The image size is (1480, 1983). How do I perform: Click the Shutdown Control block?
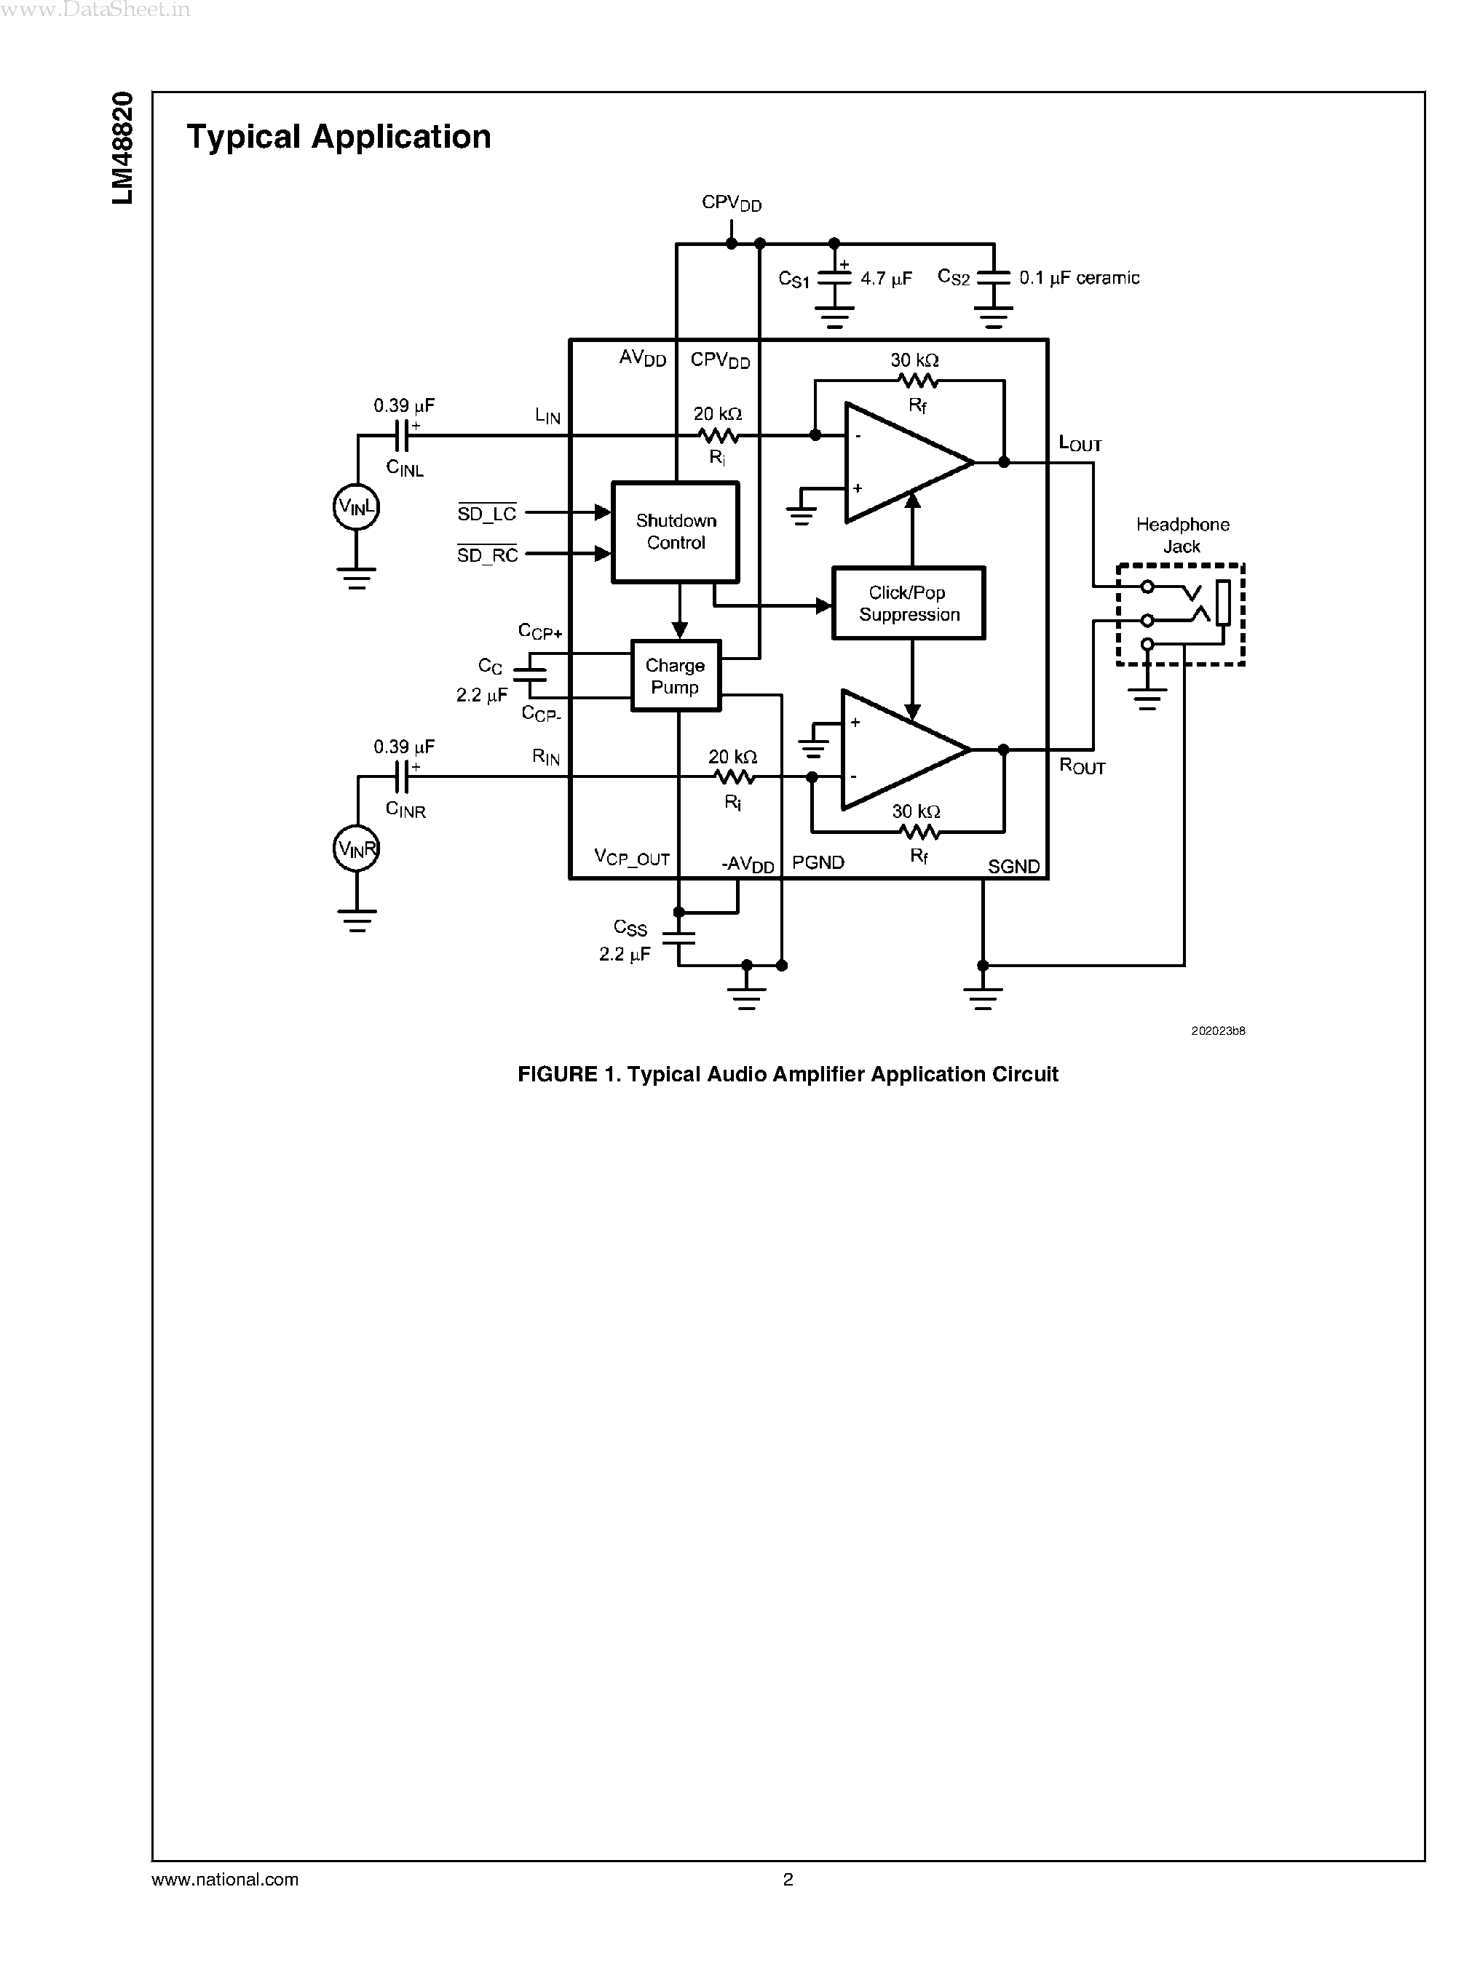[x=676, y=532]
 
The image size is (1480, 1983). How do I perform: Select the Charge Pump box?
[x=676, y=676]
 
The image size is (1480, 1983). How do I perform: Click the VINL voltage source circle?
[x=357, y=508]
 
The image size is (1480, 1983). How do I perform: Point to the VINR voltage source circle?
[x=357, y=849]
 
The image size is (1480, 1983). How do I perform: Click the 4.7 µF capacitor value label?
[x=886, y=279]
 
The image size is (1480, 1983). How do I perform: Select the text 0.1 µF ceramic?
[x=1079, y=279]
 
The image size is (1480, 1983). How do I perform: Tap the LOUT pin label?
[x=1080, y=443]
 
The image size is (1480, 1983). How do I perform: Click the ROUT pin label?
[x=1081, y=767]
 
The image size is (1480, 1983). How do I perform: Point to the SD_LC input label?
[x=486, y=514]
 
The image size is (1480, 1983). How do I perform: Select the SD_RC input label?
[x=486, y=555]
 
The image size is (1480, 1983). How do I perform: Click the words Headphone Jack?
[x=1182, y=536]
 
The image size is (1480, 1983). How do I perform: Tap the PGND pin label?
[x=818, y=862]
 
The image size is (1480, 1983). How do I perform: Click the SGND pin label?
[x=1013, y=866]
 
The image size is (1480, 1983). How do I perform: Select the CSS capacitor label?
[x=630, y=928]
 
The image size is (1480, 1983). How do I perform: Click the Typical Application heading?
[x=339, y=137]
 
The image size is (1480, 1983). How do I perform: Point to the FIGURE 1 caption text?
[x=788, y=1074]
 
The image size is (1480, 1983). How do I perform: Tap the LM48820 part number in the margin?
[x=123, y=148]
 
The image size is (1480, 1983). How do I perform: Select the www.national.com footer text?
[x=225, y=1879]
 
